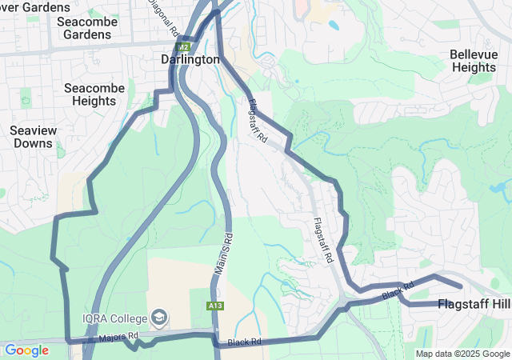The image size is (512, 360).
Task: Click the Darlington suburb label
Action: click(x=190, y=60)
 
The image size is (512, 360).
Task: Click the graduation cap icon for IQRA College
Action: click(x=159, y=318)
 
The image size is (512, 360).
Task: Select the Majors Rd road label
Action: click(x=118, y=338)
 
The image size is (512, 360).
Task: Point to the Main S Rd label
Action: click(x=222, y=254)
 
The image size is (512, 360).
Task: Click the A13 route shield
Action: click(x=214, y=306)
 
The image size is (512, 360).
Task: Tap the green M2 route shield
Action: click(x=182, y=48)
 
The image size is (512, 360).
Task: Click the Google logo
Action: click(x=26, y=350)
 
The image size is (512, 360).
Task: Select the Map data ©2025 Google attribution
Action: click(x=462, y=354)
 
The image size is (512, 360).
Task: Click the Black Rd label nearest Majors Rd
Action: click(x=245, y=342)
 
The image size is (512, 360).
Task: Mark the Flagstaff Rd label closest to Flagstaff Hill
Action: click(x=322, y=241)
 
